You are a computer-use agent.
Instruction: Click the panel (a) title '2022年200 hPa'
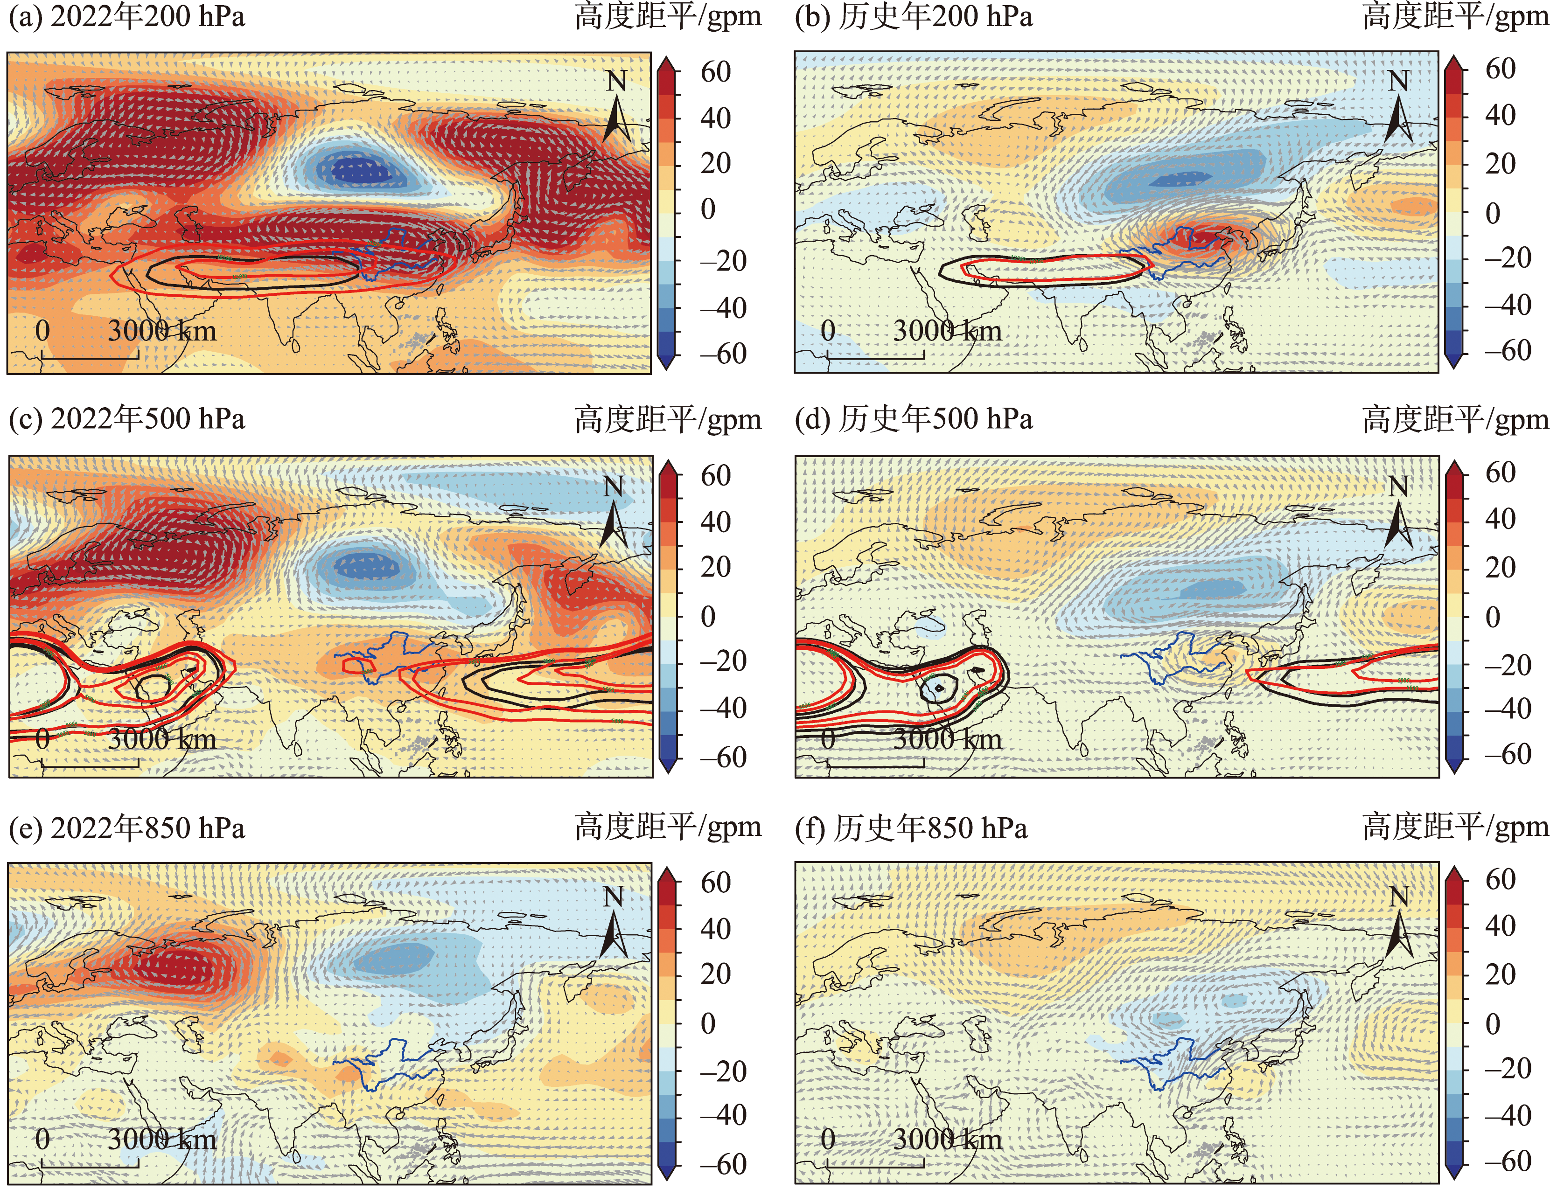(x=147, y=17)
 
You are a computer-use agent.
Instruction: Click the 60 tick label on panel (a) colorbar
(x=715, y=72)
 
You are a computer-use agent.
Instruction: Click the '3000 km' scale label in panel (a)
(x=162, y=331)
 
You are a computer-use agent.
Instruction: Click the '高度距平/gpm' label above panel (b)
(x=1455, y=17)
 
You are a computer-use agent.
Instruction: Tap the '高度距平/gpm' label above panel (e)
(x=668, y=827)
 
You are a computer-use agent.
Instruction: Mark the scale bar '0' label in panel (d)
(x=828, y=739)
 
